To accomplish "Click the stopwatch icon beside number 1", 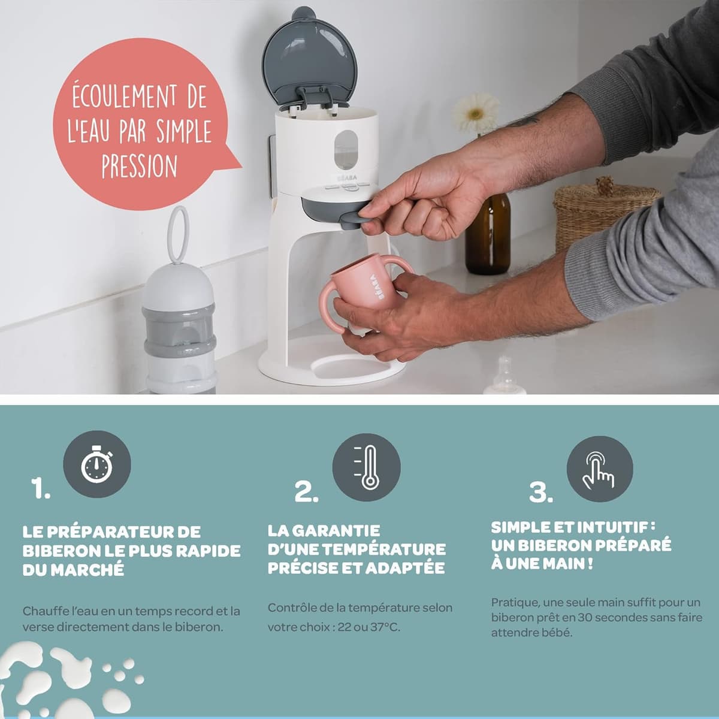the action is [97, 464].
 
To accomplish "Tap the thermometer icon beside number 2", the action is [367, 467].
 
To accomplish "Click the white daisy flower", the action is [476, 111].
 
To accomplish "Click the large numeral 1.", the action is [40, 488].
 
